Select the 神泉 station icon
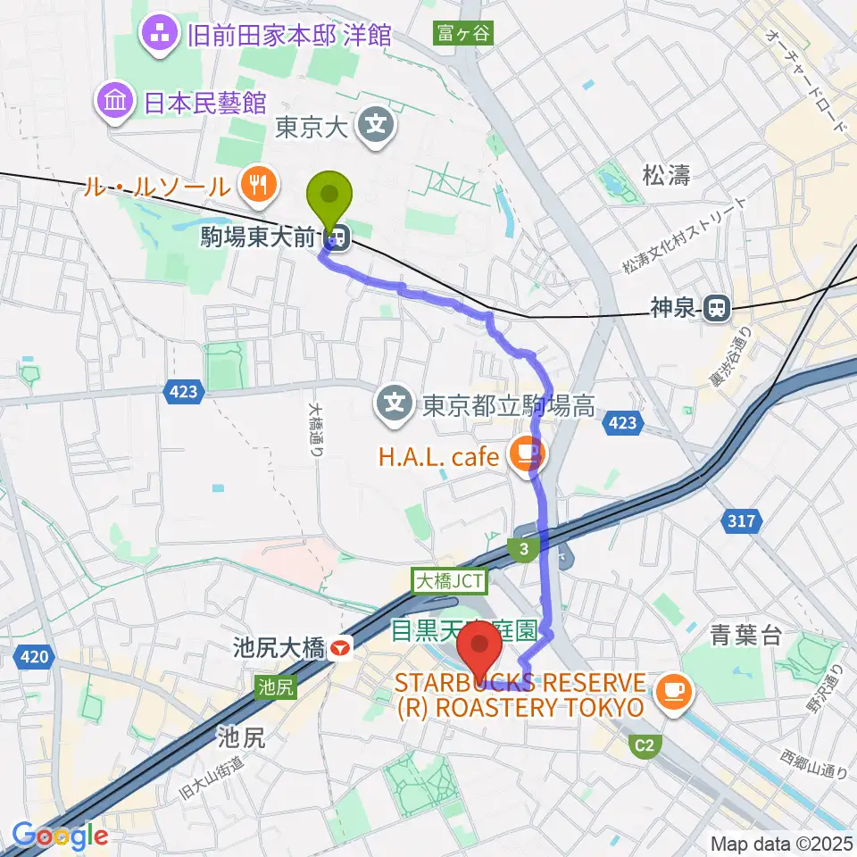click(715, 309)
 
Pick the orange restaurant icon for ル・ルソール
click(259, 185)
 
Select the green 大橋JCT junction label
click(450, 581)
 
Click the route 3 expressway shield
click(524, 549)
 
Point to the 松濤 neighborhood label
click(666, 176)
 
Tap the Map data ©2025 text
click(781, 843)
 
